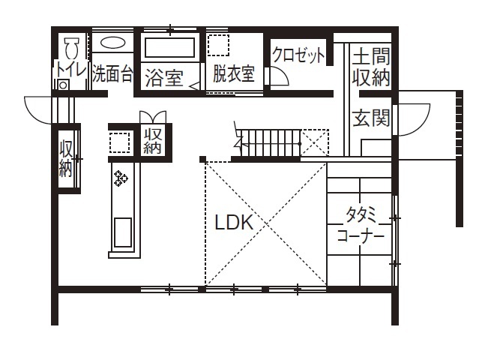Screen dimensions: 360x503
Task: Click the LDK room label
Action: [x=235, y=223]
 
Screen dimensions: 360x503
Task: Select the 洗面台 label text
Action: [x=113, y=74]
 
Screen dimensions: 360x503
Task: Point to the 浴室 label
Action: [x=163, y=77]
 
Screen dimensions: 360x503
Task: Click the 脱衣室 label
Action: [x=233, y=73]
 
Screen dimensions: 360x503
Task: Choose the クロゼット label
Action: [x=299, y=55]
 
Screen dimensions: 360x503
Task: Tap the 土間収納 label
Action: [x=371, y=66]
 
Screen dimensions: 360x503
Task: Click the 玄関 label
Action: [x=372, y=118]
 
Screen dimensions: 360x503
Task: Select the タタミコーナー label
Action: [x=361, y=225]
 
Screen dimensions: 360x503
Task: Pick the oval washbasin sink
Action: [x=113, y=43]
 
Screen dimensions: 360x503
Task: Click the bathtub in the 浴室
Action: [x=169, y=48]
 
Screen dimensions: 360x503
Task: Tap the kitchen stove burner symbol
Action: [x=121, y=178]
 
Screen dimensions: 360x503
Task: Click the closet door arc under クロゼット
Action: [x=279, y=78]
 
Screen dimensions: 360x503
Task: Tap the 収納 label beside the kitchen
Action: [x=154, y=140]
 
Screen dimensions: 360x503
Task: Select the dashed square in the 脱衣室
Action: [x=217, y=45]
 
